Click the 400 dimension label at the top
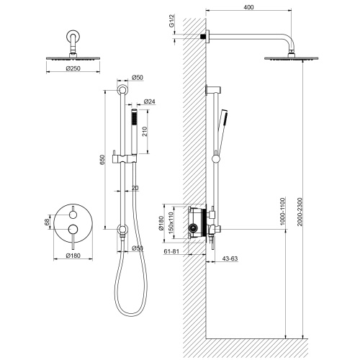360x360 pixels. [x=248, y=7]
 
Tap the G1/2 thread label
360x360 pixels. [x=171, y=21]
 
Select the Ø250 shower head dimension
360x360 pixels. [x=73, y=68]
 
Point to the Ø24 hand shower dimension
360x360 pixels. [x=150, y=102]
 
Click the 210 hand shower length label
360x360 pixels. [x=145, y=132]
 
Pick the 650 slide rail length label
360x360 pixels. [x=102, y=160]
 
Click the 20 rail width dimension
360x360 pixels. [x=135, y=188]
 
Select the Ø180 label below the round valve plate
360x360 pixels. [x=73, y=256]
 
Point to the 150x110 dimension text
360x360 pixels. [x=171, y=222]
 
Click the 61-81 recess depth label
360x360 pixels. [x=171, y=251]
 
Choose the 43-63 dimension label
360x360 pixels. [x=230, y=258]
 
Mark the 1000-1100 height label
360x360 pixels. [x=282, y=211]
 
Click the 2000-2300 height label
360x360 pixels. [x=300, y=212]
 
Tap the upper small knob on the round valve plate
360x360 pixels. [x=73, y=215]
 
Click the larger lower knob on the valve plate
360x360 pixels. [x=73, y=230]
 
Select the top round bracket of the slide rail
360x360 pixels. [x=122, y=90]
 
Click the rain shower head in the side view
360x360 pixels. [x=291, y=58]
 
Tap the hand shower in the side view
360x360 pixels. [x=222, y=131]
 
